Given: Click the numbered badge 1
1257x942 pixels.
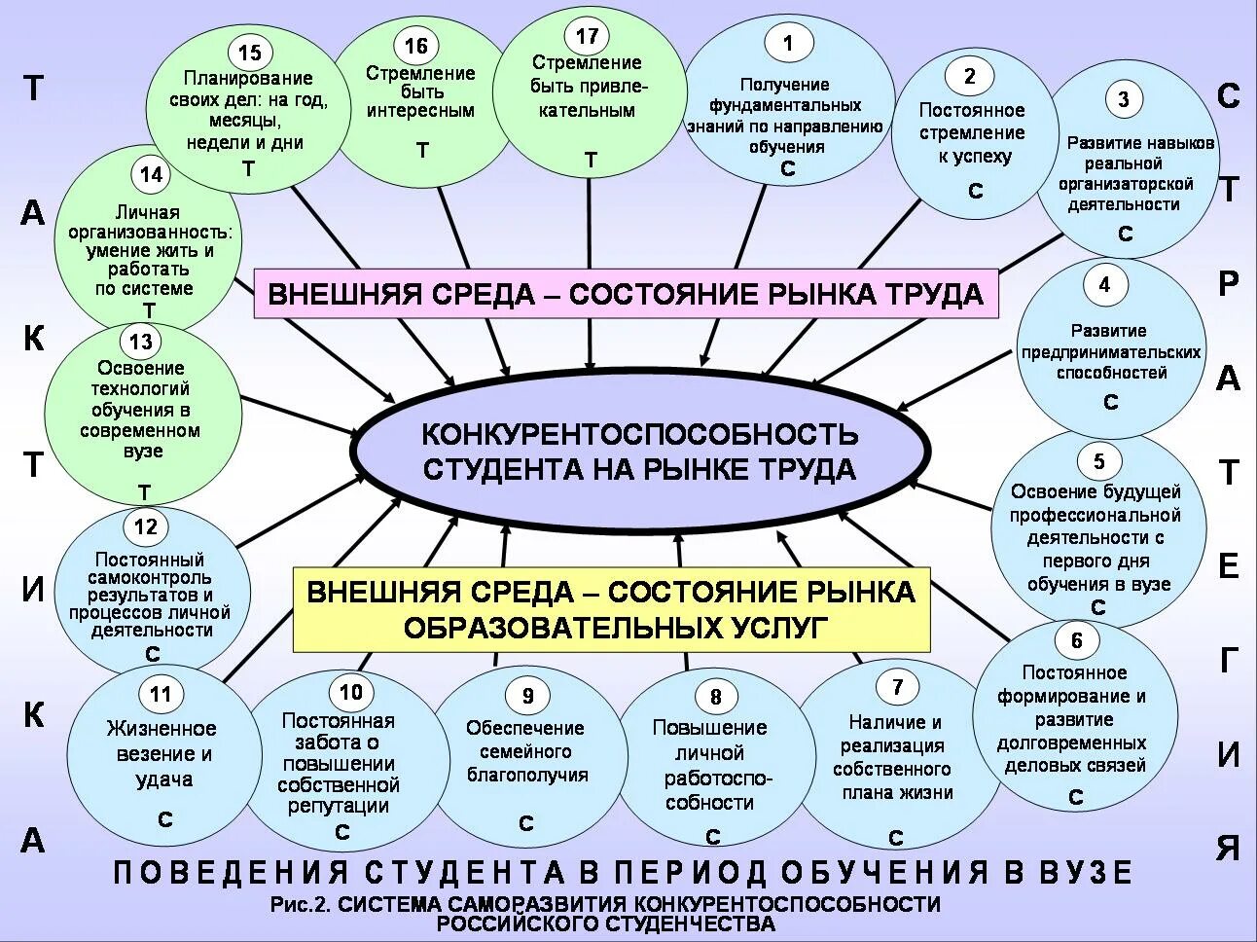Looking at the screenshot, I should [x=788, y=43].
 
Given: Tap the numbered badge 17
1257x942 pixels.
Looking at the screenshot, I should [x=587, y=37].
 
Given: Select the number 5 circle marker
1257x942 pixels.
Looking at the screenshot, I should [x=1099, y=461].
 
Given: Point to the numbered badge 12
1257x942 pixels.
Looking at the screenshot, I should [x=145, y=527].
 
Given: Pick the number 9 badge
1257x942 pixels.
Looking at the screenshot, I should [x=527, y=696].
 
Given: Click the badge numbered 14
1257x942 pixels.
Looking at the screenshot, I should [x=151, y=175].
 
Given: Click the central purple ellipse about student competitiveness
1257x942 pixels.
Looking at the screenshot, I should [x=639, y=450].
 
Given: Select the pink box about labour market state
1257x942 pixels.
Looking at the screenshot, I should [x=626, y=293].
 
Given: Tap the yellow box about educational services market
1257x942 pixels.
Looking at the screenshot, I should [x=612, y=609].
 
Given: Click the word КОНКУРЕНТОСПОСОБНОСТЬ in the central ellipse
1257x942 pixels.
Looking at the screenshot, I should [x=639, y=432].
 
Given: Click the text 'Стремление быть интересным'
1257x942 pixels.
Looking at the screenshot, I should [x=420, y=91].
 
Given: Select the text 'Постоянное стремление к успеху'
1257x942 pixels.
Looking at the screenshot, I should [x=971, y=132].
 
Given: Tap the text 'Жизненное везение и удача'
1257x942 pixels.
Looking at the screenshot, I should [x=162, y=753].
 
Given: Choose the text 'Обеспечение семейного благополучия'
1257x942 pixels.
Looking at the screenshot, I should [x=526, y=750].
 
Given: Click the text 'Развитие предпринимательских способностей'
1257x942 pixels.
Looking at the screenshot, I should [x=1110, y=351].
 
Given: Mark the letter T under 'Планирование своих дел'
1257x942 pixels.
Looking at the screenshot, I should [x=248, y=168].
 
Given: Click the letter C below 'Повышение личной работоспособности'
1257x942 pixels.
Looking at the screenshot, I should [x=712, y=837].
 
